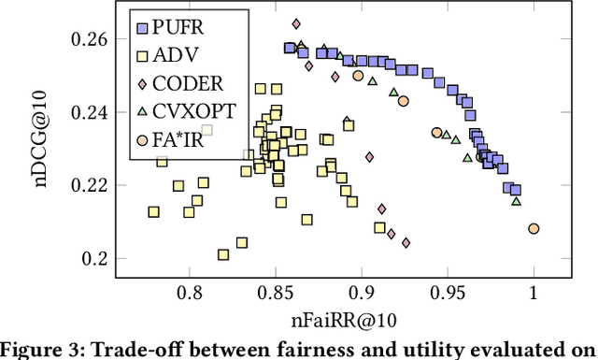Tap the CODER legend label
click(192, 84)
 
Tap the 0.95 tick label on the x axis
click(448, 292)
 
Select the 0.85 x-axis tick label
click(275, 292)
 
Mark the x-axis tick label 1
click(534, 292)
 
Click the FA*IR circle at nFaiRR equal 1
click(534, 228)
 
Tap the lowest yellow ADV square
click(223, 254)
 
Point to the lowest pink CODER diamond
click(406, 243)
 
